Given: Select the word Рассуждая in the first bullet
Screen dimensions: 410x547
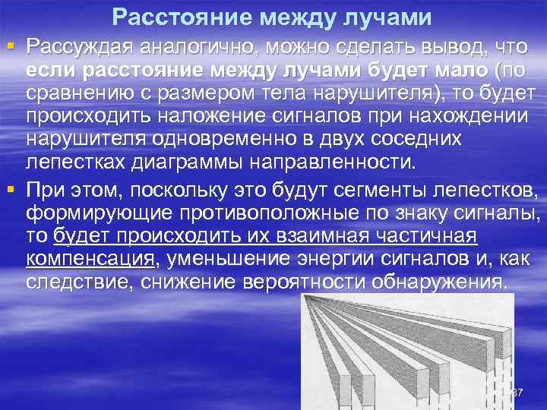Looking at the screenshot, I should click(x=77, y=47).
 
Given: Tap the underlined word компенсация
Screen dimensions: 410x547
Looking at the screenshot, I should click(x=90, y=260).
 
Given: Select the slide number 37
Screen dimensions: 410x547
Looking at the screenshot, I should click(x=518, y=393).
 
